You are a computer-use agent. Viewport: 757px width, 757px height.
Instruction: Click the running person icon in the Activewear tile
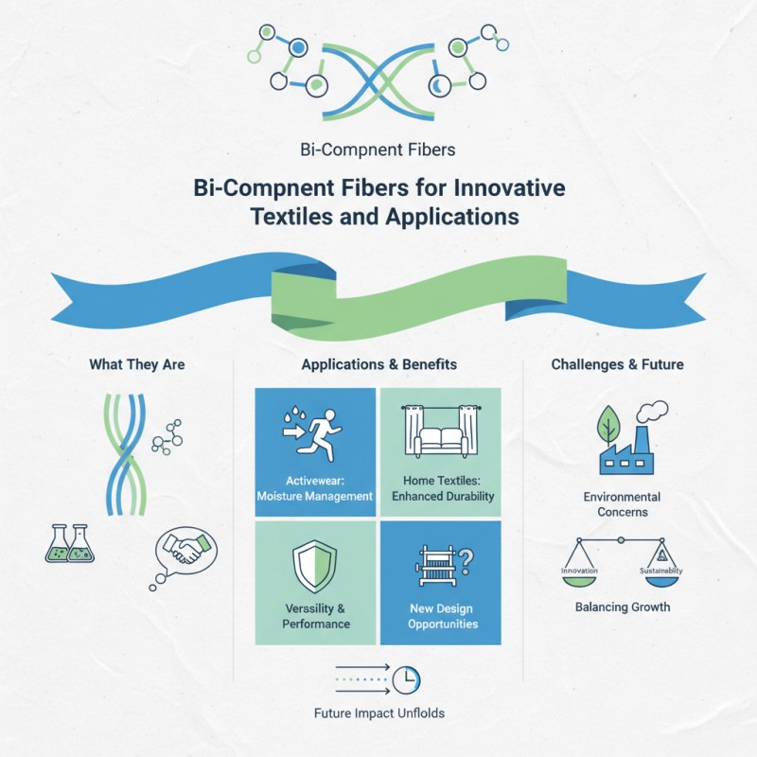pyautogui.click(x=326, y=434)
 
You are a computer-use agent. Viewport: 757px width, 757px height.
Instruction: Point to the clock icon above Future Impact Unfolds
pyautogui.click(x=406, y=678)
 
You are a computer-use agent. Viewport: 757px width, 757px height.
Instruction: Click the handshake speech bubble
pyautogui.click(x=185, y=552)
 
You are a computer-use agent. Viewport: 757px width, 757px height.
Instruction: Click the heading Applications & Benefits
pyautogui.click(x=378, y=363)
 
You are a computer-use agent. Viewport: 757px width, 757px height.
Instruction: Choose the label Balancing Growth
pyautogui.click(x=623, y=607)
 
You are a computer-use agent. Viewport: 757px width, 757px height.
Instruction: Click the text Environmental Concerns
pyautogui.click(x=622, y=504)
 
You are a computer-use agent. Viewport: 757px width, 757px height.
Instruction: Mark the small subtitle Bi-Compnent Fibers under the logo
pyautogui.click(x=378, y=149)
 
